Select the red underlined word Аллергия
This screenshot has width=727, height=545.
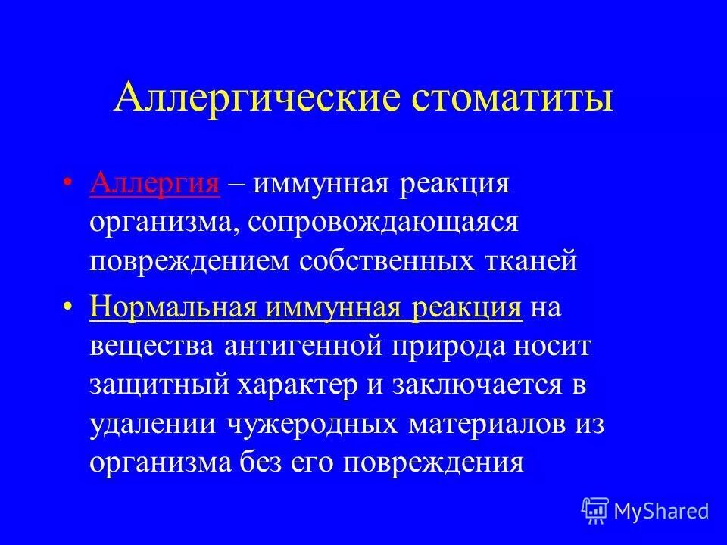(x=154, y=185)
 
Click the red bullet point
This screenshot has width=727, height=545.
(x=68, y=185)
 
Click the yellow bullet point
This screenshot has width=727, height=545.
(x=68, y=309)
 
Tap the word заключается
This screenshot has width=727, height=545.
(x=477, y=386)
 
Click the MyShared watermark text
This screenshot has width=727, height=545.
(x=662, y=511)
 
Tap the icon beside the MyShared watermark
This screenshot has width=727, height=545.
(x=596, y=511)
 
